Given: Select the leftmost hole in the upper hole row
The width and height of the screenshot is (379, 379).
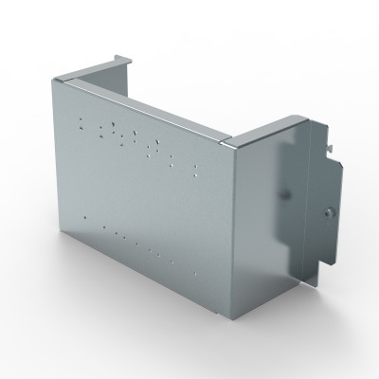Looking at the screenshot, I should [81, 120].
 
